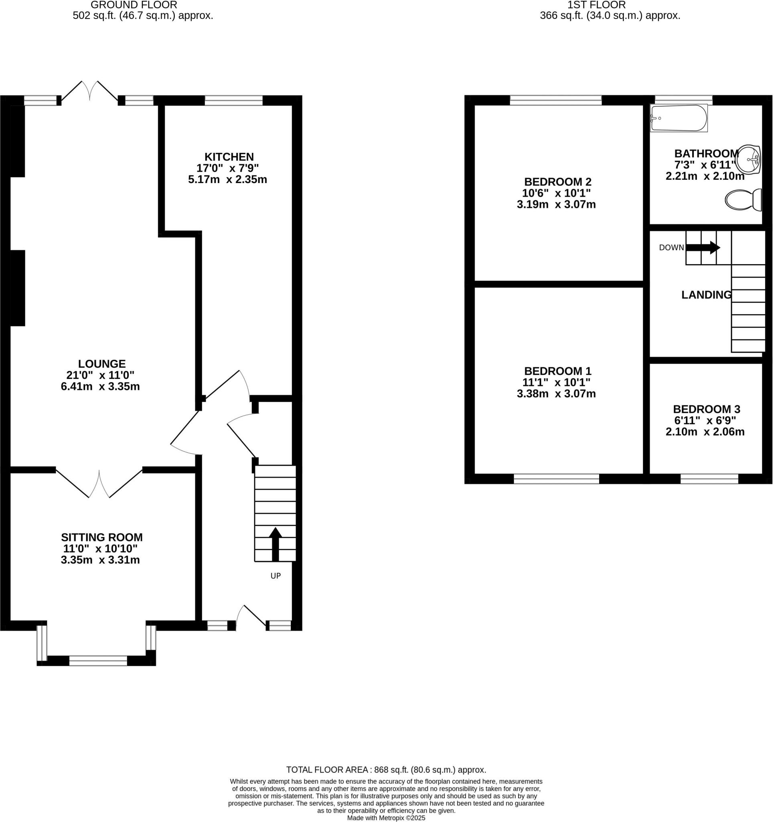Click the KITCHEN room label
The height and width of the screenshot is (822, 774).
(229, 157)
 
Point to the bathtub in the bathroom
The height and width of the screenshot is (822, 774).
(679, 118)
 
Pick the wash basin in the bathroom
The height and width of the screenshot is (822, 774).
(749, 159)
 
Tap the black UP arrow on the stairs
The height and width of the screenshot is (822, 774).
(275, 543)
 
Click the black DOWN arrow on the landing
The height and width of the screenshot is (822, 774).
(703, 248)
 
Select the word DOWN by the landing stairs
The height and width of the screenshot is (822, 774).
(671, 248)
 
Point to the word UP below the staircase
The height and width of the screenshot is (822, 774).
(276, 576)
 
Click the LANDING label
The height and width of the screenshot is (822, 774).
(706, 295)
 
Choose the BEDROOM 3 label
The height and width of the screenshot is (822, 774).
(706, 409)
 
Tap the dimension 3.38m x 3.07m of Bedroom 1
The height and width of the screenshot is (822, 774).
(556, 394)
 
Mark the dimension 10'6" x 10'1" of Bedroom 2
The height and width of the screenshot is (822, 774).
(556, 193)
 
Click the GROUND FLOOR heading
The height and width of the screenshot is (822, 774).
(134, 5)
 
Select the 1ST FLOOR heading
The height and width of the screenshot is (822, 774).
(596, 5)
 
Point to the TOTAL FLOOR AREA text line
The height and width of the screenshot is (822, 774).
(386, 769)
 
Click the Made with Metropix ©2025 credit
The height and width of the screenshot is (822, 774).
(386, 818)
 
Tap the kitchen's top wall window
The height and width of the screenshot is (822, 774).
(233, 100)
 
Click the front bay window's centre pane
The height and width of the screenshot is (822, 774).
(98, 661)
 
